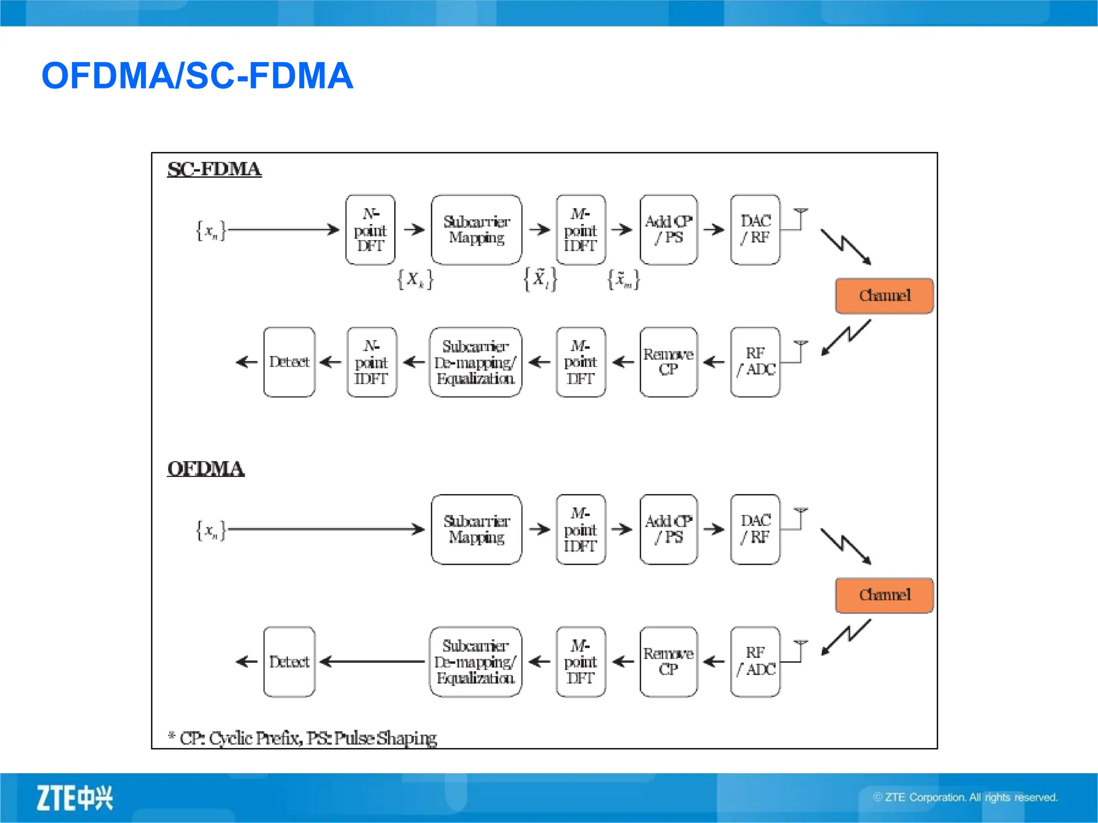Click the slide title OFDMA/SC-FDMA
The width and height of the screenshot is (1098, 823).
tap(197, 76)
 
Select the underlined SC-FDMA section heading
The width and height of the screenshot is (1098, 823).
tap(214, 169)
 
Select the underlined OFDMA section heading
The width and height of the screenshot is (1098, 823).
tap(206, 469)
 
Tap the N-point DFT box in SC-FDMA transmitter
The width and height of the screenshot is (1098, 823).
tap(370, 230)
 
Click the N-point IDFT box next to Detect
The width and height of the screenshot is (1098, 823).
tap(372, 362)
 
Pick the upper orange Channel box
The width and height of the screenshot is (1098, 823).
tap(884, 296)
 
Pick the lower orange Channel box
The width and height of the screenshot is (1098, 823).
tap(884, 595)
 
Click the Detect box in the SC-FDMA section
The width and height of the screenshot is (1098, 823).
tap(290, 362)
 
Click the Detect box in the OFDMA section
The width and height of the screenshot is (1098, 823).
tap(290, 662)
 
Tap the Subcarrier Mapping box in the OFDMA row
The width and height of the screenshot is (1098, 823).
tap(476, 529)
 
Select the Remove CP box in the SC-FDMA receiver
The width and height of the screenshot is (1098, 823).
tap(669, 362)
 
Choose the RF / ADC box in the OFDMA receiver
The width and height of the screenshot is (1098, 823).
tap(755, 662)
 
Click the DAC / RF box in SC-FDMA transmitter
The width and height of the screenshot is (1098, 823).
tap(755, 230)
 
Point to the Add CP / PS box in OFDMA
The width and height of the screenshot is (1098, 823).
tap(669, 529)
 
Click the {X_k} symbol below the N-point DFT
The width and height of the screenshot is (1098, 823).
tap(415, 279)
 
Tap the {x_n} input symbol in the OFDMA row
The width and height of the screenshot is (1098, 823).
tap(211, 530)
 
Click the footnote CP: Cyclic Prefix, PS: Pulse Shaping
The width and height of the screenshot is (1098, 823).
tap(303, 738)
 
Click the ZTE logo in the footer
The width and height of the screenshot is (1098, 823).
tap(75, 798)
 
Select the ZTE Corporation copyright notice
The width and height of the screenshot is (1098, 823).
tap(965, 797)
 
